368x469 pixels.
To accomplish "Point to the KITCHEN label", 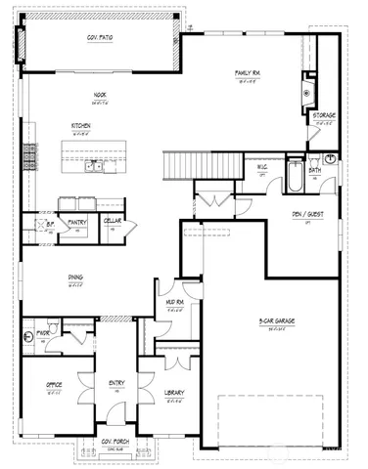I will (x=81, y=126).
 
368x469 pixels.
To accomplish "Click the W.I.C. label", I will (x=263, y=165).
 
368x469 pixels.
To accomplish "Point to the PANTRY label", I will (x=77, y=222).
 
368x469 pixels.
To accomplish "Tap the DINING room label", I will (x=75, y=277).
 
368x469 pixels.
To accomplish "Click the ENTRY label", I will (x=116, y=383).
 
